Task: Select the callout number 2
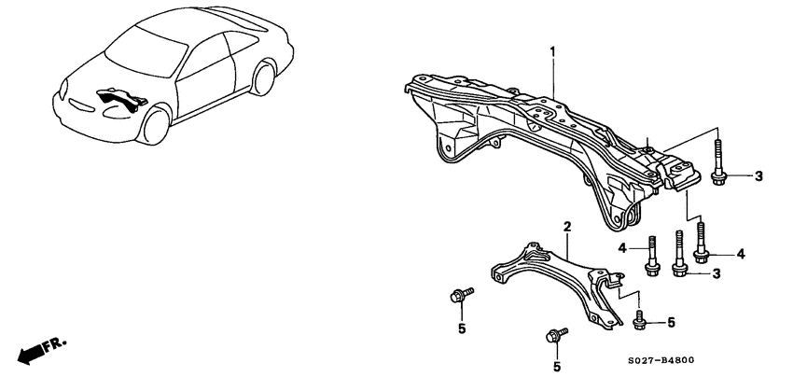(566, 227)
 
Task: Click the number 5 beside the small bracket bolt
(669, 323)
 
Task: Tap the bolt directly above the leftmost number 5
(458, 296)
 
